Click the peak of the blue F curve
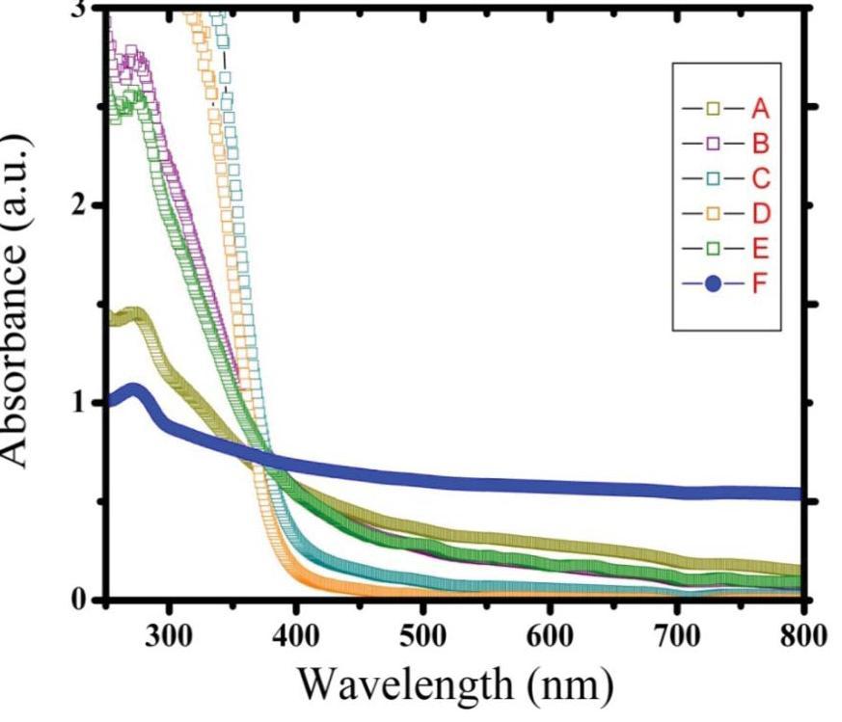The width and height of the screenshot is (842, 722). [133, 390]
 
